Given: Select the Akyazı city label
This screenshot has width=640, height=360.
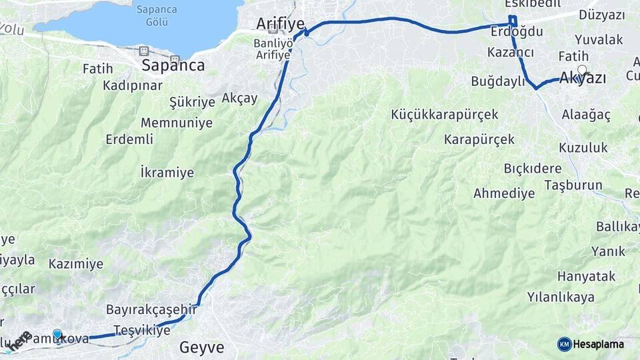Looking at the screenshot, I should click(x=583, y=79).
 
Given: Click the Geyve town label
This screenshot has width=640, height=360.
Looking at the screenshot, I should click(x=202, y=347).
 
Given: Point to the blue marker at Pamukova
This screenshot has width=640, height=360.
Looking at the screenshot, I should click(x=57, y=335).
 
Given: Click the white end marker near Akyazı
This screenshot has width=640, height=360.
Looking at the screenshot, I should click(x=583, y=69).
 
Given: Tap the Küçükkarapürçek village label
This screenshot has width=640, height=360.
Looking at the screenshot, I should click(x=445, y=115).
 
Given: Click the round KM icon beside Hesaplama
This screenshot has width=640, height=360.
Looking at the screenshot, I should click(x=565, y=345).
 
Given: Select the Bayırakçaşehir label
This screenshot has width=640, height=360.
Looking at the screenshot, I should click(x=152, y=310).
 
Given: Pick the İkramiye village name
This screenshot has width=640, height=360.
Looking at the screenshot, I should click(x=167, y=173).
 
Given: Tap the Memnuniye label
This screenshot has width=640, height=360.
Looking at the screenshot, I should click(x=177, y=123).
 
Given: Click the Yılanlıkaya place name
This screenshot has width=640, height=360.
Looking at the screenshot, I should click(x=561, y=297).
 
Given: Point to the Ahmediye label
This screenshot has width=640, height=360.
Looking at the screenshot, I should click(x=504, y=194).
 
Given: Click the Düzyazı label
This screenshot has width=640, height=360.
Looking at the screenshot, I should click(x=601, y=15).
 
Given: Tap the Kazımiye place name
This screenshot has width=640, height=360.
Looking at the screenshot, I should click(x=76, y=264).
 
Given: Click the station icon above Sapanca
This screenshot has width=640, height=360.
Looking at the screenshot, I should click(x=143, y=51).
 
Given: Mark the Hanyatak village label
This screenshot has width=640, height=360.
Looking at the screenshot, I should click(x=587, y=275).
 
